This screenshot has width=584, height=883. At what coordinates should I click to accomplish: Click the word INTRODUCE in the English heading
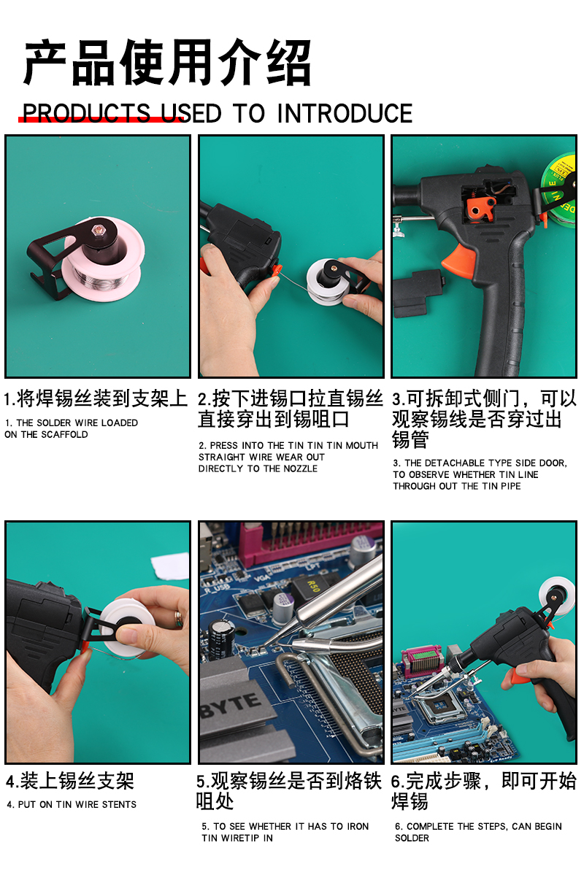(x=345, y=114)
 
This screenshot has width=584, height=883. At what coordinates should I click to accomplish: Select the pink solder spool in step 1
(x=104, y=261)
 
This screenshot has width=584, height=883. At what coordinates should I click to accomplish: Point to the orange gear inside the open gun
(x=480, y=209)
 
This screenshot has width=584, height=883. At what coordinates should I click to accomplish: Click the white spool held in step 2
(x=330, y=282)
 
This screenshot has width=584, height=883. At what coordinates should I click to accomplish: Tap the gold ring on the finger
(x=178, y=619)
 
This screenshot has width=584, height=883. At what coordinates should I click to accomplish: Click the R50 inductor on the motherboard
(x=312, y=588)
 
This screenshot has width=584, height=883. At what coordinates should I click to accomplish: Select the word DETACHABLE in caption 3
(x=455, y=463)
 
